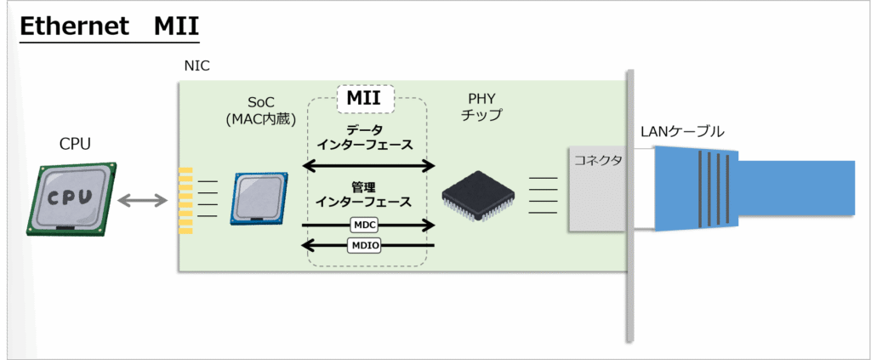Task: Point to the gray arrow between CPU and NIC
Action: (144, 201)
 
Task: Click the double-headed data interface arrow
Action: (369, 164)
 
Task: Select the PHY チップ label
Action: (485, 106)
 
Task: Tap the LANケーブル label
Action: (683, 132)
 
